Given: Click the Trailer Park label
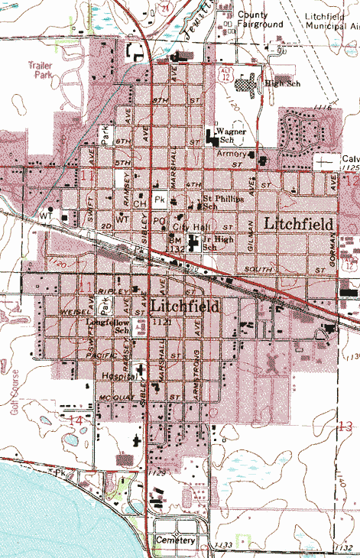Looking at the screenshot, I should tap(40, 70).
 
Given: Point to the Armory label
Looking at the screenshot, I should tap(232, 154).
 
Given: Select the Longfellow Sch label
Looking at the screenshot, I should tap(108, 326).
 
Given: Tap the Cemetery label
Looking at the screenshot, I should tap(175, 540).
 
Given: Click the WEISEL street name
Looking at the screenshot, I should tap(66, 313).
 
